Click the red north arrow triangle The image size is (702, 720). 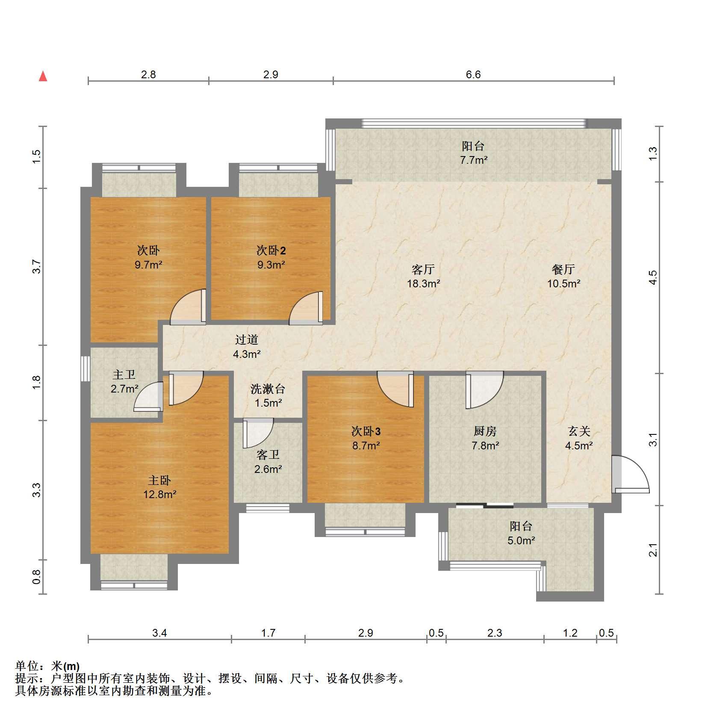click(43, 76)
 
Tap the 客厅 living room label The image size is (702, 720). click(423, 269)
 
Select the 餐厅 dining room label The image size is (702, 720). click(563, 269)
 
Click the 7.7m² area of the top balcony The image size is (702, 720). click(474, 160)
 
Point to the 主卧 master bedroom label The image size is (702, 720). click(159, 481)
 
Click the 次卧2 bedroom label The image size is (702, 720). click(271, 250)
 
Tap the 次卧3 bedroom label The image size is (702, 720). click(366, 431)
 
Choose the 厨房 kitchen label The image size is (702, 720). click(485, 431)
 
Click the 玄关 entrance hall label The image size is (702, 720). click(579, 431)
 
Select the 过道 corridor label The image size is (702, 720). click(247, 340)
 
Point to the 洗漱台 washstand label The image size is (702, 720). click(268, 389)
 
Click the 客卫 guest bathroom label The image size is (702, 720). click(268, 455)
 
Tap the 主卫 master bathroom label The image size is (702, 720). click(124, 375)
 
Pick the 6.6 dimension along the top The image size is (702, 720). click(473, 75)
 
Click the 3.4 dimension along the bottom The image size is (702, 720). click(159, 633)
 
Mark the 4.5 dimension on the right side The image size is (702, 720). click(652, 277)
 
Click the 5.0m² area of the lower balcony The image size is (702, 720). click(521, 541)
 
